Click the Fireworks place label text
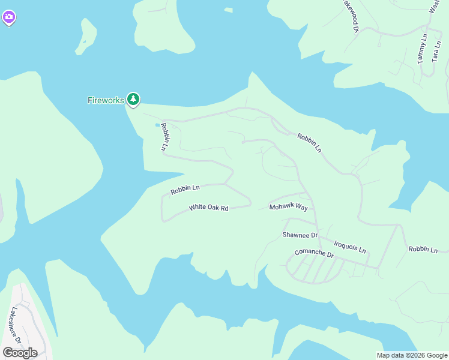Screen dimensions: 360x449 106,100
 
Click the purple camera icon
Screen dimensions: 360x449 8,18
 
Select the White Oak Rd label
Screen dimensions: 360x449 209,208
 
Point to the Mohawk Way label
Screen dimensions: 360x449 288,207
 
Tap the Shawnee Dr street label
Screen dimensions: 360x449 300,235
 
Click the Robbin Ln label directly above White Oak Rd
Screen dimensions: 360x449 184,190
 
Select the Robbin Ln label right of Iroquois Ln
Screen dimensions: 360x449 423,249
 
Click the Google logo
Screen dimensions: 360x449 20,352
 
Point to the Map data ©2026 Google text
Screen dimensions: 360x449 411,355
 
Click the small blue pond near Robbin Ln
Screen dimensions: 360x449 158,125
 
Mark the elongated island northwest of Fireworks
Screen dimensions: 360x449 87,36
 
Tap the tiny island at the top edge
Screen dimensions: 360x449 228,10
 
